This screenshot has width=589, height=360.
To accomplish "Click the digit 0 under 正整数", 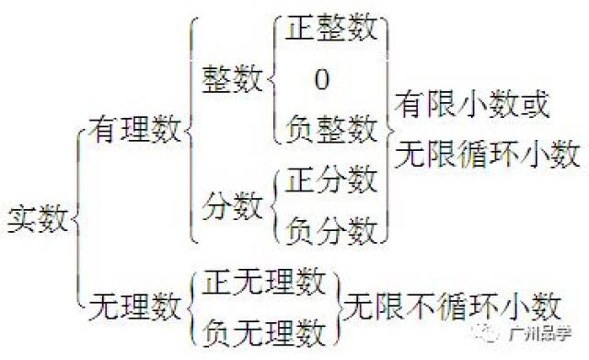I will [x=321, y=80].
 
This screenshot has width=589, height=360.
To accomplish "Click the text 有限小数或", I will [x=472, y=104].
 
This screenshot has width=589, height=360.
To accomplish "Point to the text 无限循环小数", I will [x=488, y=152].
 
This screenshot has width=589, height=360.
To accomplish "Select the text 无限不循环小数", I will [x=454, y=304].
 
